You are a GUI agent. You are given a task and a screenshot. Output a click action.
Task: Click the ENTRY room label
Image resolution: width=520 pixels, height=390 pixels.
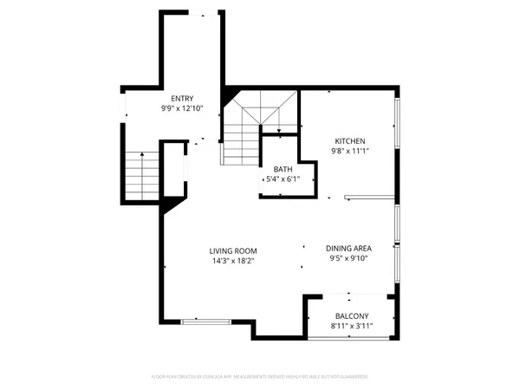point(182,99)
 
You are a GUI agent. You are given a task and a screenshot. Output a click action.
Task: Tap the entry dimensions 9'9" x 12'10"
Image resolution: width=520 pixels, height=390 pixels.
point(182,109)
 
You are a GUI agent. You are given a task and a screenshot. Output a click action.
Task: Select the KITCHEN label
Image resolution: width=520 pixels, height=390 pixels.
point(350,141)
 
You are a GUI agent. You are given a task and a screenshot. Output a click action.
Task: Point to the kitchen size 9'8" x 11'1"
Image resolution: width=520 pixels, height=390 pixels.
point(350,152)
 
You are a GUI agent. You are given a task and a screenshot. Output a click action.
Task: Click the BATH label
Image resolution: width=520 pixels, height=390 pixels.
point(283,169)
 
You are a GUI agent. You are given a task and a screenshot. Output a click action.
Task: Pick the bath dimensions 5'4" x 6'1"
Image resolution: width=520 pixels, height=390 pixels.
point(283,179)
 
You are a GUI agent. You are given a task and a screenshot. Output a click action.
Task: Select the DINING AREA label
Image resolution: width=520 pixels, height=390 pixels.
point(349,247)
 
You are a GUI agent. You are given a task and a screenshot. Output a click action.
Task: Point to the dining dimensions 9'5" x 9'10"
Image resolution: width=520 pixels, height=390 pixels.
point(349,257)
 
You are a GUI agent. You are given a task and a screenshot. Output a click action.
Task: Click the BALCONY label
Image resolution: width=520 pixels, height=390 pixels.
point(352,316)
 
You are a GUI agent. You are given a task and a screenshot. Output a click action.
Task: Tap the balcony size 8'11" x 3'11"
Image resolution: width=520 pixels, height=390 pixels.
point(352,327)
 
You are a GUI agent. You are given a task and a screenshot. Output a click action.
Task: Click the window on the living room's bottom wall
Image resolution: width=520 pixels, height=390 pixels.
point(206,322)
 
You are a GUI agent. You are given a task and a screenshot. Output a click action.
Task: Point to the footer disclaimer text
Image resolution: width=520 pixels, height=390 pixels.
point(260,377)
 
